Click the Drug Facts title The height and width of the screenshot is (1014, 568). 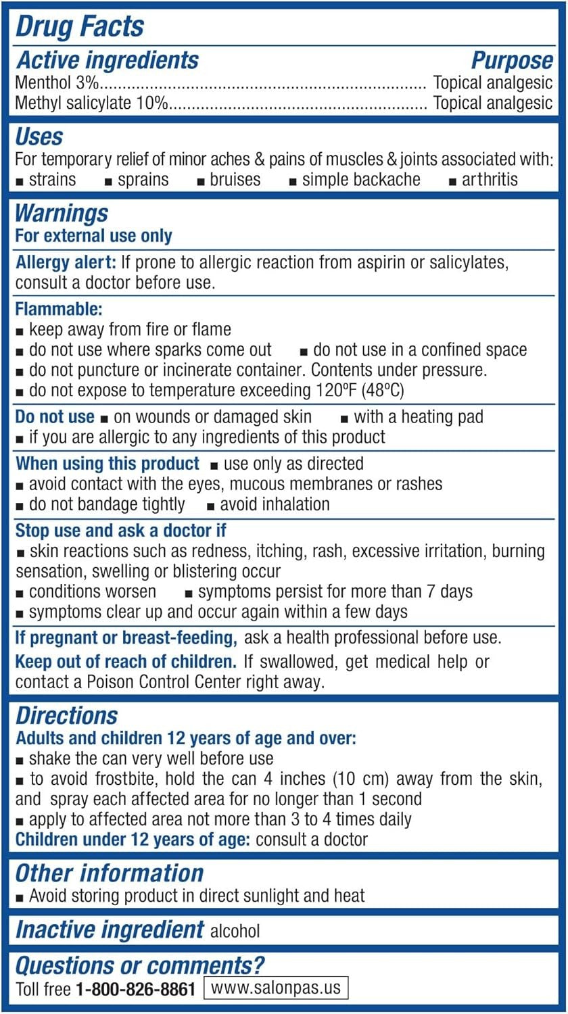[80, 27]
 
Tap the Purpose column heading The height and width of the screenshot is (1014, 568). [512, 61]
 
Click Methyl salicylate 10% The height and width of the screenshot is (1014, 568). [91, 103]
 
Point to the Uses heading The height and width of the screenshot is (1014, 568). [39, 137]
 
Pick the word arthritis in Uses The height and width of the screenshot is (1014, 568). [490, 180]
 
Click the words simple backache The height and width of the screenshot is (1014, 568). [360, 180]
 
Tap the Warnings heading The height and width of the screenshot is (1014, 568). [62, 214]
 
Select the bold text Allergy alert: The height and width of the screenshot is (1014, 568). [66, 263]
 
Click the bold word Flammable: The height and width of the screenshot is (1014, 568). [59, 310]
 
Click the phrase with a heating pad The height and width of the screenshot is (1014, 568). [419, 416]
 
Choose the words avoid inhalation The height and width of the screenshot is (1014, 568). [275, 504]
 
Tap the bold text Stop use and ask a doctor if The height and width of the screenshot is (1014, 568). [120, 531]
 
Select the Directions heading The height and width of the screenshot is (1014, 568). [66, 717]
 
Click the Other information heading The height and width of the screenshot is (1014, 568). [109, 873]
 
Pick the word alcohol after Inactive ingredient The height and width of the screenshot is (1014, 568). [235, 931]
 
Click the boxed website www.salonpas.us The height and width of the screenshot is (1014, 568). [276, 988]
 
